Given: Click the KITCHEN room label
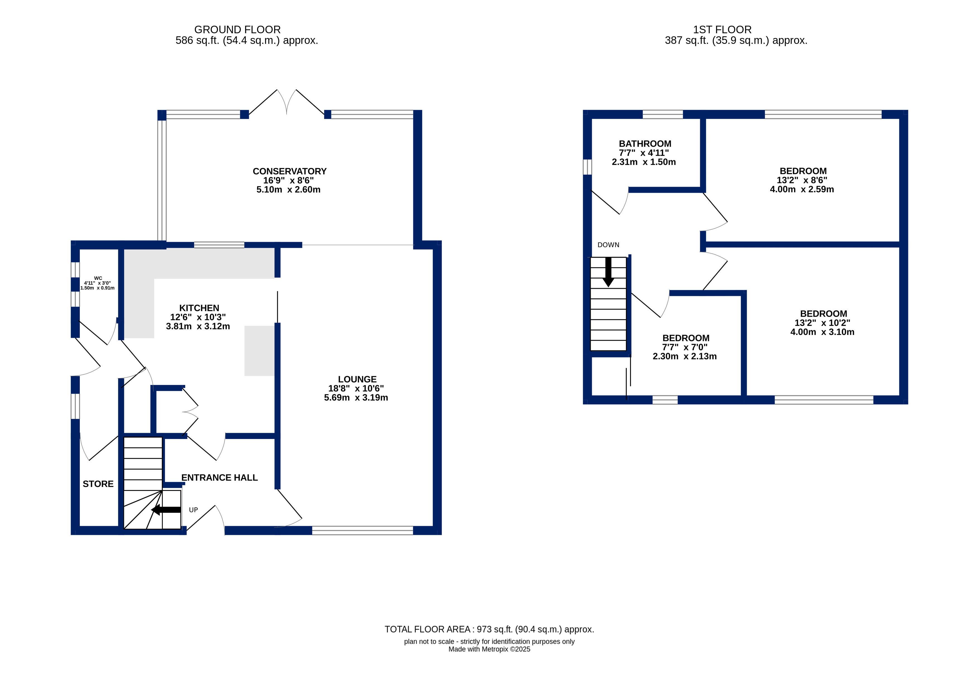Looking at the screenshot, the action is tap(199, 308).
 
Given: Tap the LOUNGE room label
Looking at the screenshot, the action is tap(357, 379).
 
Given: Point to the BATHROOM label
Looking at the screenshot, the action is tap(645, 144).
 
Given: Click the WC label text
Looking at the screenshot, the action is tap(98, 278).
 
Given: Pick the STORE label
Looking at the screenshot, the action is tap(98, 484).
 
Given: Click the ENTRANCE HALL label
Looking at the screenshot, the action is tap(220, 478).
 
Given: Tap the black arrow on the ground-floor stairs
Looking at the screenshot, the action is tap(166, 509).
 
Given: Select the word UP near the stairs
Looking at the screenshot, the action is tap(193, 510).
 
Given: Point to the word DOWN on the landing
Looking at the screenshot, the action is tap(609, 245).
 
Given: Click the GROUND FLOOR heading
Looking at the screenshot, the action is tap(238, 29).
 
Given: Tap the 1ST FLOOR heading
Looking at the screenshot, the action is tap(722, 29).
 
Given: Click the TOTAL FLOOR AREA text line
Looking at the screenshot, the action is tap(490, 630).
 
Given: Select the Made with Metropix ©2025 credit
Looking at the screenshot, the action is tap(490, 649).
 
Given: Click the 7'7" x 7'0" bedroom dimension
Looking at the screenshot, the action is tap(685, 347).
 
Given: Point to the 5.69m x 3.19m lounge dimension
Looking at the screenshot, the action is tap(356, 398).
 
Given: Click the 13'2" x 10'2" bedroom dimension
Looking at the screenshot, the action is tap(822, 323).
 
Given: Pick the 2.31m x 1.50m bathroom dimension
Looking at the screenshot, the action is tap(644, 162).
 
